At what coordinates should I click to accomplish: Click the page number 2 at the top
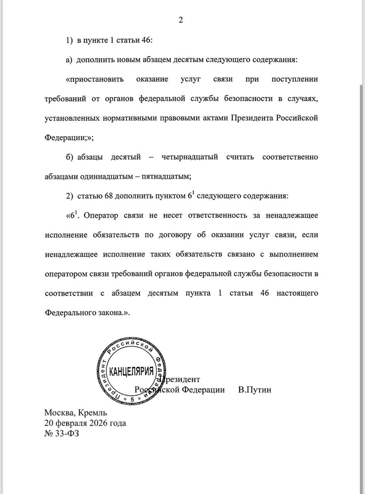click(181, 20)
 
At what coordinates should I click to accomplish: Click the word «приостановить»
click(95, 80)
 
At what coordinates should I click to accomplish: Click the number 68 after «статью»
click(109, 196)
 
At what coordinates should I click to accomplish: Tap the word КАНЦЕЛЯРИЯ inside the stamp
click(132, 372)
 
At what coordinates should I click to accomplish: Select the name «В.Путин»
click(255, 390)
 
